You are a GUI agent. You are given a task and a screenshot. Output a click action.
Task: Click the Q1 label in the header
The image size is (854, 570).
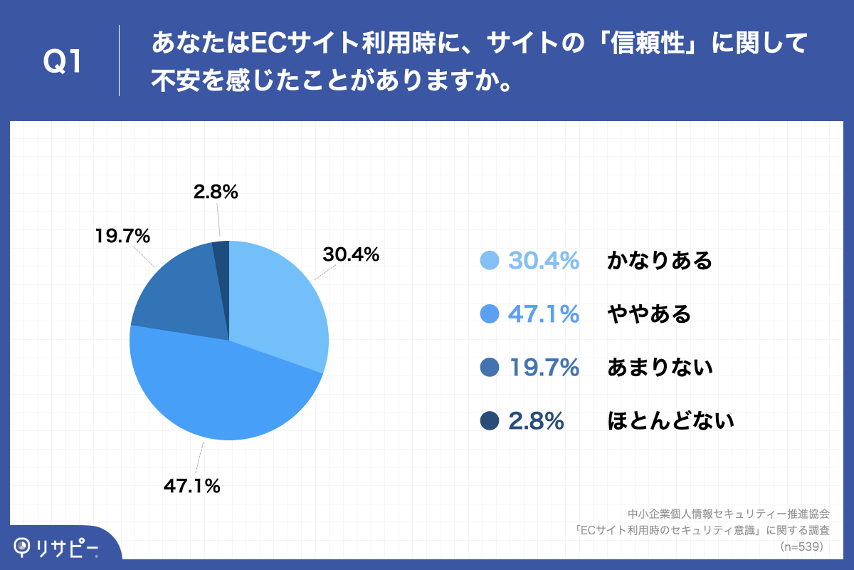(63, 62)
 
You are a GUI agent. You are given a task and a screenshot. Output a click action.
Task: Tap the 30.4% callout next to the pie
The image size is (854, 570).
(351, 254)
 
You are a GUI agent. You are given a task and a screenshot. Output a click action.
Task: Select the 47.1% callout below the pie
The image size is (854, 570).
(192, 487)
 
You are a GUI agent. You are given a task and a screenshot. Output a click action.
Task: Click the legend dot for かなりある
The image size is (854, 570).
(490, 261)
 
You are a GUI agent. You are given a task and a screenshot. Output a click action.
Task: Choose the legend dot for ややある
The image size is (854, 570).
(490, 314)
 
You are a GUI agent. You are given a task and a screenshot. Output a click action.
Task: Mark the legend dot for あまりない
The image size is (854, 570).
(490, 368)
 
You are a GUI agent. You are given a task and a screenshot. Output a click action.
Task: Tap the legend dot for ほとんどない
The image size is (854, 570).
(490, 421)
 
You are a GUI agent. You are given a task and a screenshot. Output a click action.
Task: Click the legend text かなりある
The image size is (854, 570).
(660, 261)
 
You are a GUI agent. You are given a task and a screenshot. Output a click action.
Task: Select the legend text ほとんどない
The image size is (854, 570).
(670, 421)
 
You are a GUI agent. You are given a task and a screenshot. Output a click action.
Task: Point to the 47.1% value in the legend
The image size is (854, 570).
(544, 314)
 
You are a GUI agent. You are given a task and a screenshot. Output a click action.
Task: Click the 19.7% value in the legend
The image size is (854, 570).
(544, 368)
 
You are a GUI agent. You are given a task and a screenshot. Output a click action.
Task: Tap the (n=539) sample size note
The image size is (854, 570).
(802, 546)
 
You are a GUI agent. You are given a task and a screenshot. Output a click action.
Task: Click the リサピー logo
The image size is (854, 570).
(57, 547)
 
